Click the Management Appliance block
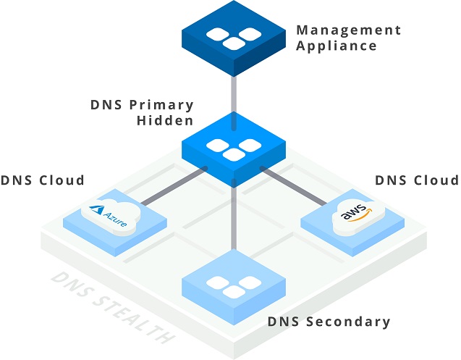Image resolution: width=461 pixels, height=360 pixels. pos(232,40)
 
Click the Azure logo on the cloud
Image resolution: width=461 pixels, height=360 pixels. pos(109,216)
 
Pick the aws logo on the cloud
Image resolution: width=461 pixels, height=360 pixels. pos(354,215)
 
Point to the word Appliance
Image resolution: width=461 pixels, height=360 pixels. pos(337,46)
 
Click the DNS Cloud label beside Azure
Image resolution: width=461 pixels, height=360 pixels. pos(43,180)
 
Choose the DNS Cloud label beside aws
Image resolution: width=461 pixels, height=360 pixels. pos(416,180)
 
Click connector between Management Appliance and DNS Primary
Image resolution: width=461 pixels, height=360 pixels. pos(233,93)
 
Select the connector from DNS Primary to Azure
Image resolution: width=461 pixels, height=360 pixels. pos(172,186)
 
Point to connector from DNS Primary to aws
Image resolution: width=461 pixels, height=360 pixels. pos(293,186)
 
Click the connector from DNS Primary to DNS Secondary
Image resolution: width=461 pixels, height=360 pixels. pos(233,217)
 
